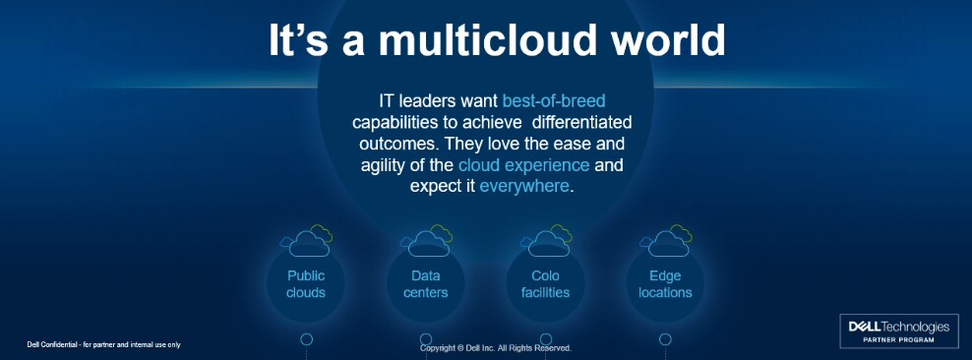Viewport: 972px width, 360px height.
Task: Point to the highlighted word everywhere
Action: pyautogui.click(x=523, y=186)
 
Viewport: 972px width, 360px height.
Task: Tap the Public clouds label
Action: pyautogui.click(x=306, y=284)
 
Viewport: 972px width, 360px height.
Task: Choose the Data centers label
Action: pyautogui.click(x=425, y=284)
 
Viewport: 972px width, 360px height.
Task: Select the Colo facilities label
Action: pyautogui.click(x=545, y=284)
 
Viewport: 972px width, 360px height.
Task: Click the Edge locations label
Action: pyautogui.click(x=665, y=284)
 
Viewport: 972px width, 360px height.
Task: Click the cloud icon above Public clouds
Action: pyautogui.click(x=308, y=240)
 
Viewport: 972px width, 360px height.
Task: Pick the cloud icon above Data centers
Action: pyautogui.click(x=427, y=240)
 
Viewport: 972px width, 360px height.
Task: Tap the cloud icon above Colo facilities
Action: pyautogui.click(x=547, y=240)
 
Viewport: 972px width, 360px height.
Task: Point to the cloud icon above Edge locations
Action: pyautogui.click(x=667, y=240)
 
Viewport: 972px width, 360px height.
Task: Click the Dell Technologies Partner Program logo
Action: pyautogui.click(x=898, y=330)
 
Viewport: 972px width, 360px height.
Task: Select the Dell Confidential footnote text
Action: pyautogui.click(x=103, y=344)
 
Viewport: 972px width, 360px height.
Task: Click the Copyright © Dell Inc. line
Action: pyautogui.click(x=495, y=348)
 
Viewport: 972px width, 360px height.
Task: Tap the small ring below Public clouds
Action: pyautogui.click(x=306, y=339)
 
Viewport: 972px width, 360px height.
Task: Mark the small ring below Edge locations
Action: pyautogui.click(x=665, y=339)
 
